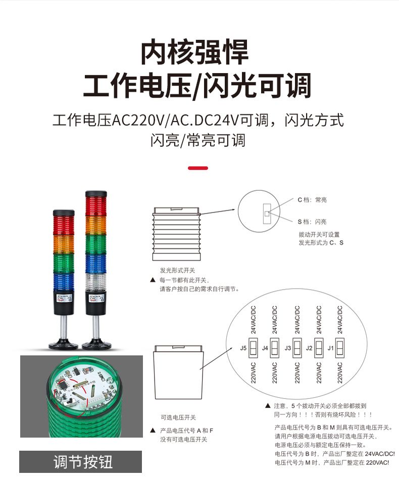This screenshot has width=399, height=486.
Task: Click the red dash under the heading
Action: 198,168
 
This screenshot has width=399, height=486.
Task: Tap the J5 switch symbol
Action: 254,348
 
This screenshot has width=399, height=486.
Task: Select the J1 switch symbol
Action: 340,348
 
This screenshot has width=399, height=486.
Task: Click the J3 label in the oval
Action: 287,348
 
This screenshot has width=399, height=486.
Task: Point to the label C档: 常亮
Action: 312,200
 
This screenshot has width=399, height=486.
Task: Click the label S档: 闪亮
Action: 312,222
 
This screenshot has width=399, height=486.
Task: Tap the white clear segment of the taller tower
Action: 96,283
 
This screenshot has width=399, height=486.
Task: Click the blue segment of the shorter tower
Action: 64,283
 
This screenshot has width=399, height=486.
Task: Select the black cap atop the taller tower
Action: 96,194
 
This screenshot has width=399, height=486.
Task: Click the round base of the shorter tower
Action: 63,345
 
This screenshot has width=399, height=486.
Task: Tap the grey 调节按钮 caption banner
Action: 81,461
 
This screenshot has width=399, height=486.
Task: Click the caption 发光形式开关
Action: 177,271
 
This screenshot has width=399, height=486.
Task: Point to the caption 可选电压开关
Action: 178,417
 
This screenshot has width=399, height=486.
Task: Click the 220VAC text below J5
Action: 254,372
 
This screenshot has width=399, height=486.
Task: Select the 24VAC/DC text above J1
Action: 340,319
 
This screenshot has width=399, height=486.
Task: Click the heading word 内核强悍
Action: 195,52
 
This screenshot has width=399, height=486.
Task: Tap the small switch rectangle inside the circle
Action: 267,213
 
